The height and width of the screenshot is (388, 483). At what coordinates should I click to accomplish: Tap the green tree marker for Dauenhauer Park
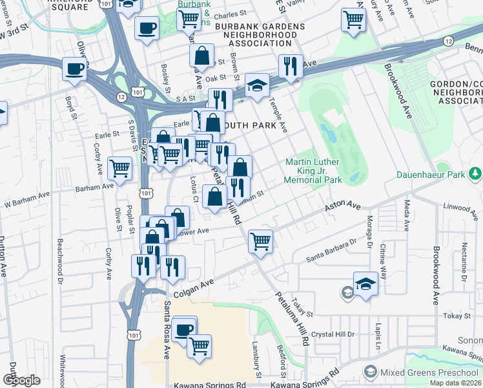[x=476, y=174]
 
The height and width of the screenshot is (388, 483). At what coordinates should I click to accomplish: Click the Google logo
[x=21, y=380]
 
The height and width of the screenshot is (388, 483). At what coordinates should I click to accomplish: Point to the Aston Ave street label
[x=342, y=206]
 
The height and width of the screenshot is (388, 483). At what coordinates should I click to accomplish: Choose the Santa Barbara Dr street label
[x=331, y=250]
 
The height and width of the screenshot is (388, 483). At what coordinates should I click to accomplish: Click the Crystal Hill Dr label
[x=333, y=334]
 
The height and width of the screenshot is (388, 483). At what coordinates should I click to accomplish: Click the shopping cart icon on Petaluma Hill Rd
[x=260, y=241]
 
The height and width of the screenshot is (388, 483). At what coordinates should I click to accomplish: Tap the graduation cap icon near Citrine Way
[x=365, y=284]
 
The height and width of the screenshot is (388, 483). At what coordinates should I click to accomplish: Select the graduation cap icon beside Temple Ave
[x=257, y=85]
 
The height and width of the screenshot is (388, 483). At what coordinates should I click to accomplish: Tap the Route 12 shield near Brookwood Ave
[x=447, y=41]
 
